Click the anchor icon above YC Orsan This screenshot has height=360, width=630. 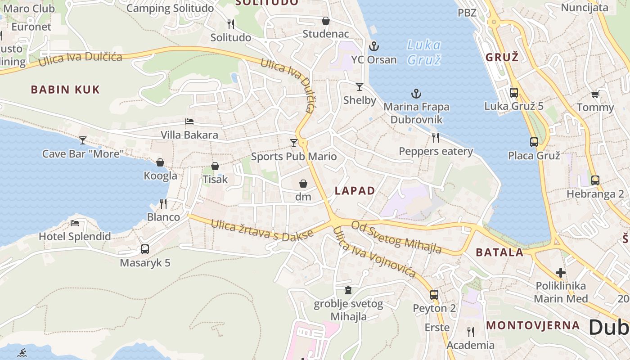[x=373, y=46]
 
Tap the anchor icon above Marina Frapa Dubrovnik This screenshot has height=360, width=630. [x=416, y=94]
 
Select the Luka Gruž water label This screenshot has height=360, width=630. [x=423, y=52]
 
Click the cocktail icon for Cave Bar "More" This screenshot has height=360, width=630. [x=82, y=140]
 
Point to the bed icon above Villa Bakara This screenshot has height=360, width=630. [x=189, y=121]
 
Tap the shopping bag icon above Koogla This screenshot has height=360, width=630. [x=160, y=162]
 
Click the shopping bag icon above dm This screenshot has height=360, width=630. [x=303, y=184]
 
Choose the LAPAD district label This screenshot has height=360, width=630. [x=355, y=191]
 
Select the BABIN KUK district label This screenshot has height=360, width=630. [x=65, y=90]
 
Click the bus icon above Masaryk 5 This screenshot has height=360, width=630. [x=145, y=249]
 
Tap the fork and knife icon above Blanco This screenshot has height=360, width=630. [x=163, y=204]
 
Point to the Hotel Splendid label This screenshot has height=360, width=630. [x=75, y=236]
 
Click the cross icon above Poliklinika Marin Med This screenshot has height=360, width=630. [x=560, y=272]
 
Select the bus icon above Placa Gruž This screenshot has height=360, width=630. [x=534, y=142]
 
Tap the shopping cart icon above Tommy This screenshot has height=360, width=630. [x=595, y=94]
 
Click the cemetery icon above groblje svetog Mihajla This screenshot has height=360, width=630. [x=348, y=290]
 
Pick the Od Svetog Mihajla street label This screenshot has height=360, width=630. [x=396, y=237]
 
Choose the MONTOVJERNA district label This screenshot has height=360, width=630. [x=533, y=325]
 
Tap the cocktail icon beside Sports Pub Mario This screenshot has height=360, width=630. [x=294, y=143]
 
